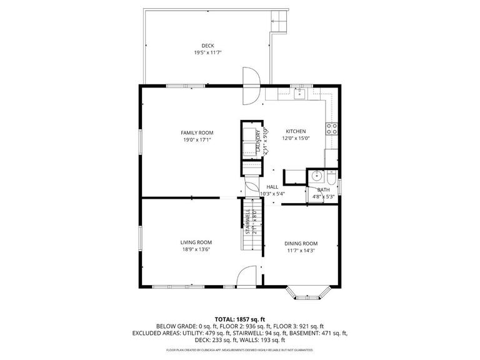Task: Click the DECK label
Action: click(207, 46)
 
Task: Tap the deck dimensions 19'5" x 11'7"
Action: click(207, 52)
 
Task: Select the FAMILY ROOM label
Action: click(197, 132)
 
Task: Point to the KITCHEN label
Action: click(296, 131)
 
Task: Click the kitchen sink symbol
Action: click(299, 94)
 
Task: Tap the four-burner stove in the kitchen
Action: click(331, 129)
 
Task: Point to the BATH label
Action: click(324, 189)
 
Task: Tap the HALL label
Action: click(272, 187)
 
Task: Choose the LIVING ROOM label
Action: click(196, 242)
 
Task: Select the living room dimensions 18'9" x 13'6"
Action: click(196, 249)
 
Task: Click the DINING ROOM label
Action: click(301, 243)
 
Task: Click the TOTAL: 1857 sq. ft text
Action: click(240, 318)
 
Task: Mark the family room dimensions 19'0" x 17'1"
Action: click(197, 140)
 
